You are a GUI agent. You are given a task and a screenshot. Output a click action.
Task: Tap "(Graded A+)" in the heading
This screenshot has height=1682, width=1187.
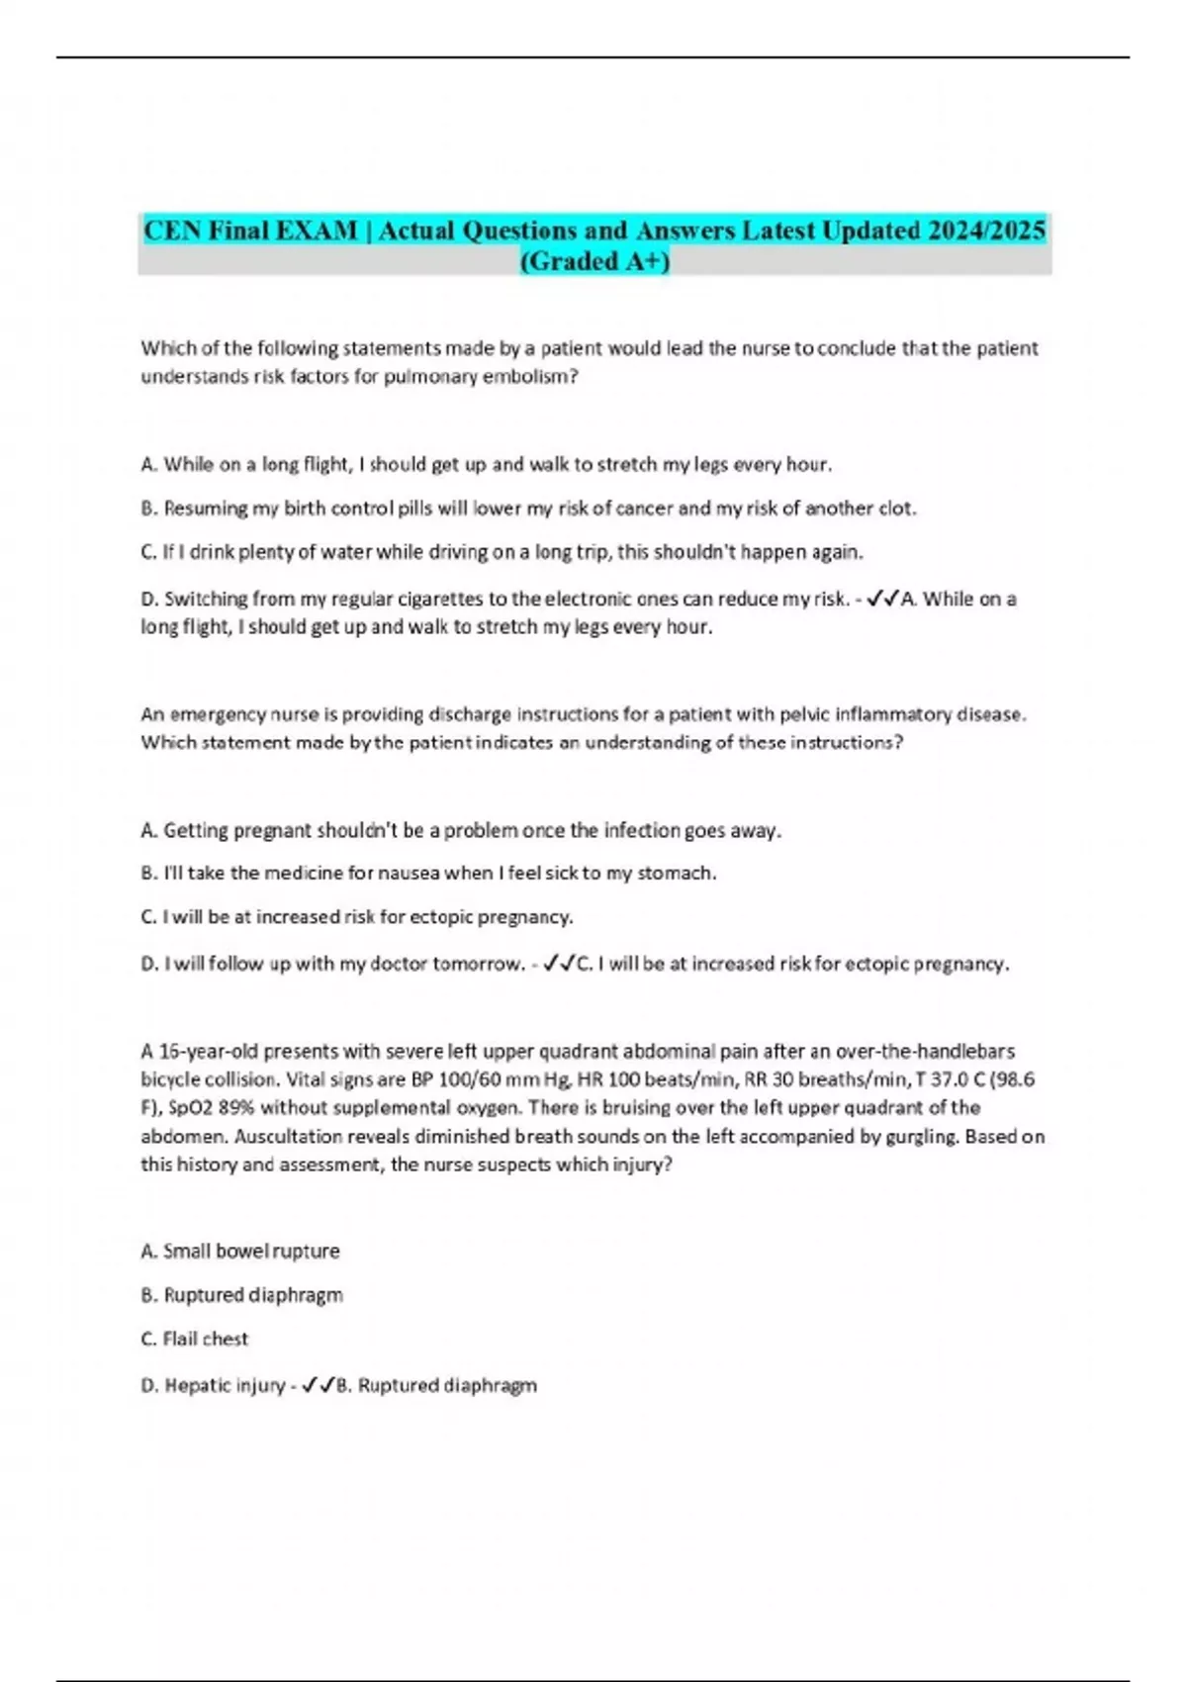coord(594,261)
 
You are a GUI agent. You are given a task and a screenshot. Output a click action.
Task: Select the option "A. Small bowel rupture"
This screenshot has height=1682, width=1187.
coord(240,1252)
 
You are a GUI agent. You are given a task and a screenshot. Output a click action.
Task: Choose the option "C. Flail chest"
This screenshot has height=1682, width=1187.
coord(195,1339)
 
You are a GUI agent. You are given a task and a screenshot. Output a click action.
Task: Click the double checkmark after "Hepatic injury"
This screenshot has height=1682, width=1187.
coord(319,1385)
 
